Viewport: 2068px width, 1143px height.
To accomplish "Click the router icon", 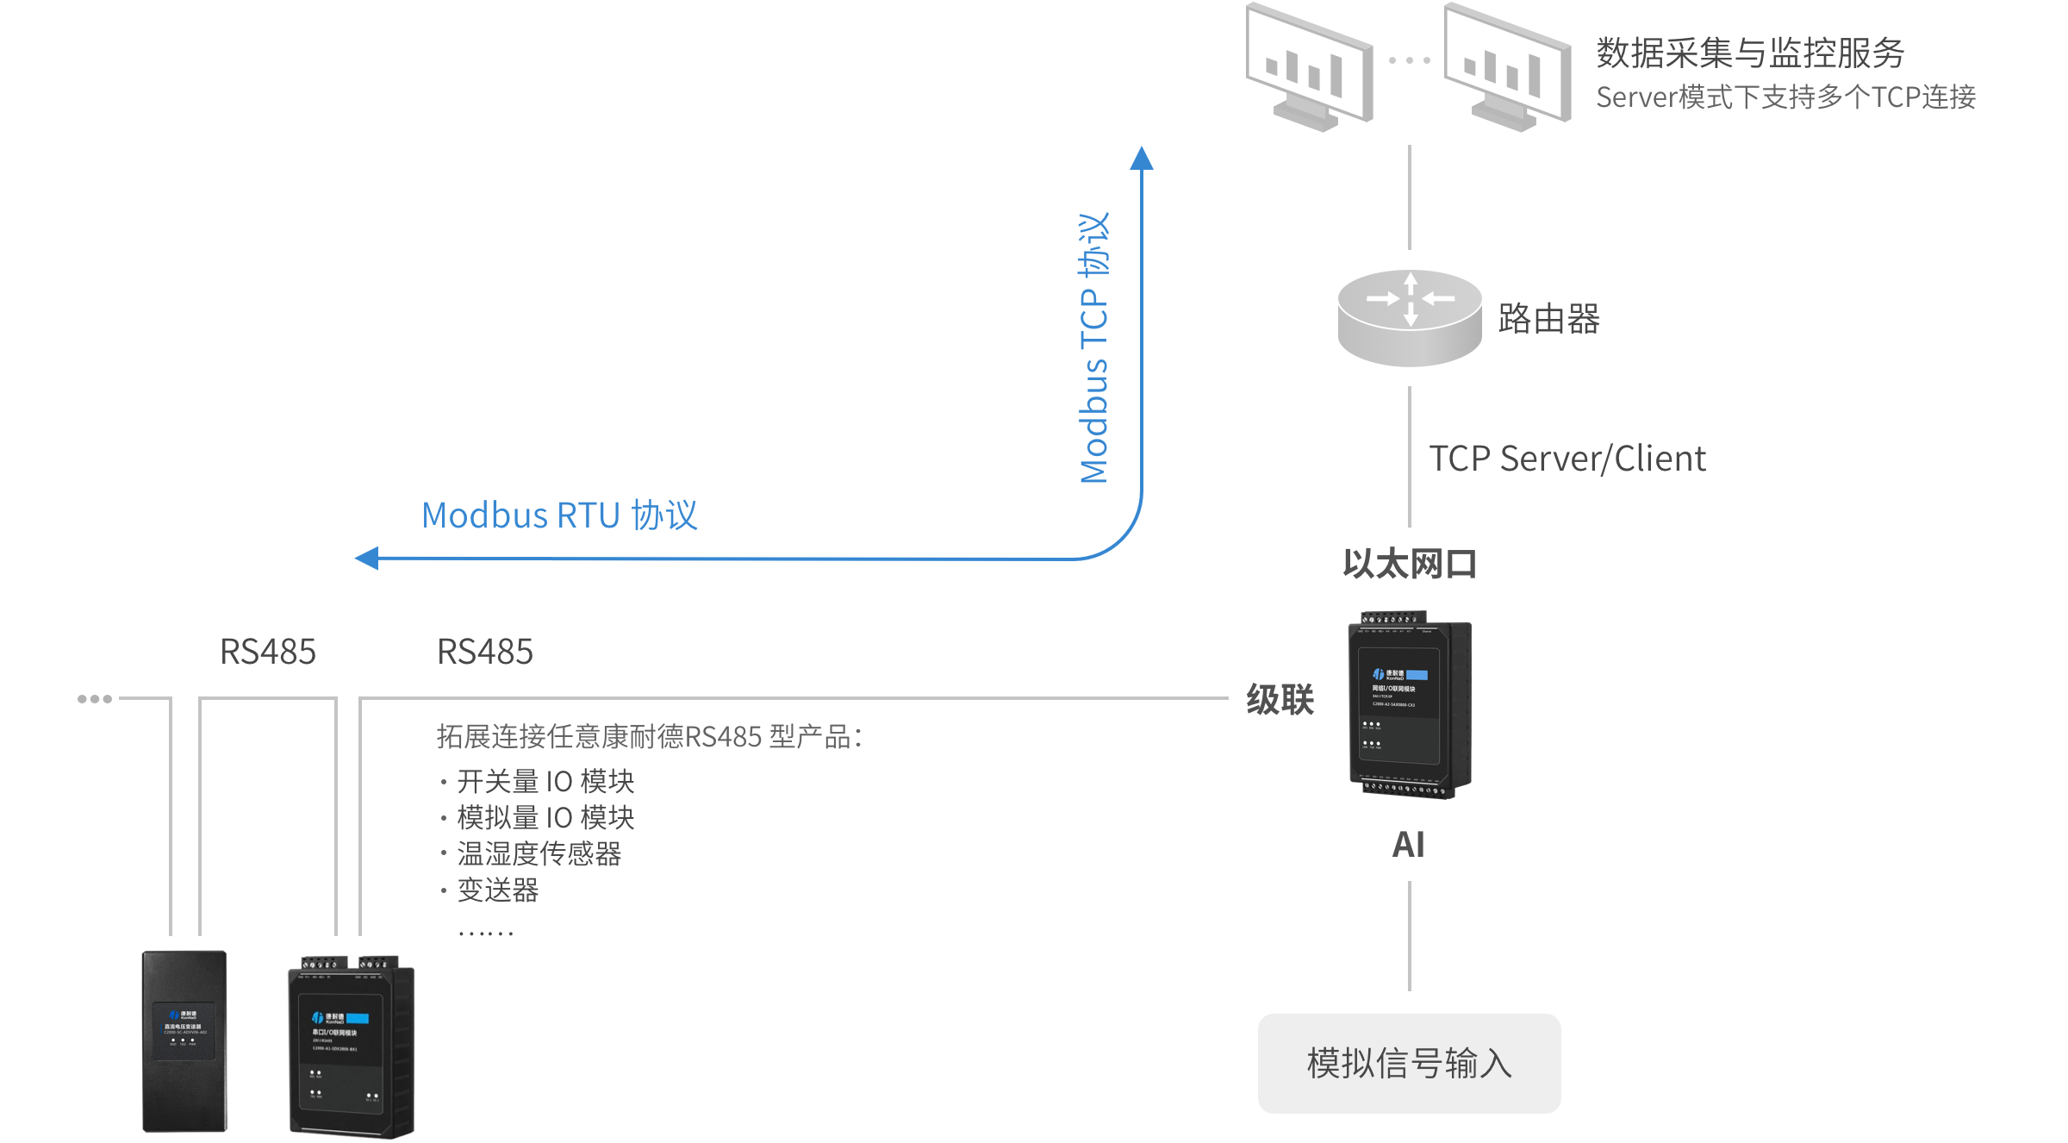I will (1409, 317).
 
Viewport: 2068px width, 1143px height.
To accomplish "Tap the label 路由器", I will (1548, 319).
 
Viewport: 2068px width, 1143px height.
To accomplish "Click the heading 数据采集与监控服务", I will (1749, 53).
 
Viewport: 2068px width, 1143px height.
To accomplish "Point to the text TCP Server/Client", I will (1567, 459).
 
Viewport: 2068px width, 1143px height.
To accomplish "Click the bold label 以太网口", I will (1410, 565).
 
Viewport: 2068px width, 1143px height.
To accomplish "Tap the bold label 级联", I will (1280, 699).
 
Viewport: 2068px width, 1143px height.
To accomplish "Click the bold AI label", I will (1409, 845).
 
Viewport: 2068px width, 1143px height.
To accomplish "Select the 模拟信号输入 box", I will (1409, 1063).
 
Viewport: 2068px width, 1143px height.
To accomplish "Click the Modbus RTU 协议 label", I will (559, 515).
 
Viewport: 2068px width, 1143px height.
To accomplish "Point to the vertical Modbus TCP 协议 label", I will (1094, 348).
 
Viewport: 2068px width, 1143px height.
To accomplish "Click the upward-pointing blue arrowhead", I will (1142, 158).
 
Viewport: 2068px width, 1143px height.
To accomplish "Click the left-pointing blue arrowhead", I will (367, 559).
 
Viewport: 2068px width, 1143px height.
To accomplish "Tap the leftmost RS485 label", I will (268, 652).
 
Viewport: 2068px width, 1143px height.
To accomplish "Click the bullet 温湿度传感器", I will (539, 853).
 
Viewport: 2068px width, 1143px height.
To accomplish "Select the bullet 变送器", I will (498, 890).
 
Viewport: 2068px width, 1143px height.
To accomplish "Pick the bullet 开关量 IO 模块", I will (545, 781).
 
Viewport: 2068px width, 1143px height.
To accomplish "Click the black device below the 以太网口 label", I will (1410, 705).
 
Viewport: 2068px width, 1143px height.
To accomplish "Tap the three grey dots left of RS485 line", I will (95, 699).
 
